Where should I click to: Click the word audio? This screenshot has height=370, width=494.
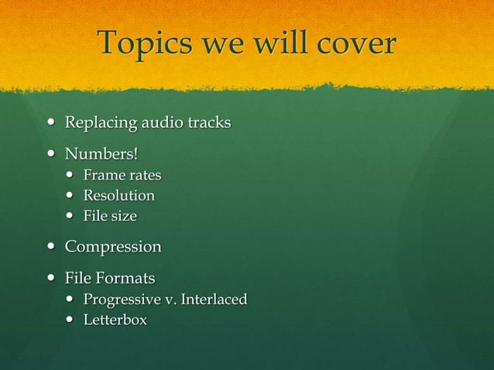pyautogui.click(x=160, y=122)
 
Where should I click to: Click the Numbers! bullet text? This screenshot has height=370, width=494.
pyautogui.click(x=101, y=149)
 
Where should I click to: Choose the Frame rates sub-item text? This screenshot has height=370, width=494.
pyautogui.click(x=122, y=175)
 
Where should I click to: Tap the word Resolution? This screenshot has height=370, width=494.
pyautogui.click(x=119, y=195)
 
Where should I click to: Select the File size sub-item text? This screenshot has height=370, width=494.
pyautogui.click(x=110, y=216)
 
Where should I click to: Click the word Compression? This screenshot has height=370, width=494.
pyautogui.click(x=113, y=247)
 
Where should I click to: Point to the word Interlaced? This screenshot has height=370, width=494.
pyautogui.click(x=214, y=299)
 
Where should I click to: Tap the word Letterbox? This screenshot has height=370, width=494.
pyautogui.click(x=115, y=319)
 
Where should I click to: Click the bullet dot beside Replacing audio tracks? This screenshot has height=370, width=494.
pyautogui.click(x=51, y=123)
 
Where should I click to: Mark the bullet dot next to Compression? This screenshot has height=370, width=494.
pyautogui.click(x=51, y=248)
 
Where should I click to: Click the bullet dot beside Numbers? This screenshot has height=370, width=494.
pyautogui.click(x=51, y=149)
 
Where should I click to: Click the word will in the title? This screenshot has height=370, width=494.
pyautogui.click(x=263, y=43)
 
